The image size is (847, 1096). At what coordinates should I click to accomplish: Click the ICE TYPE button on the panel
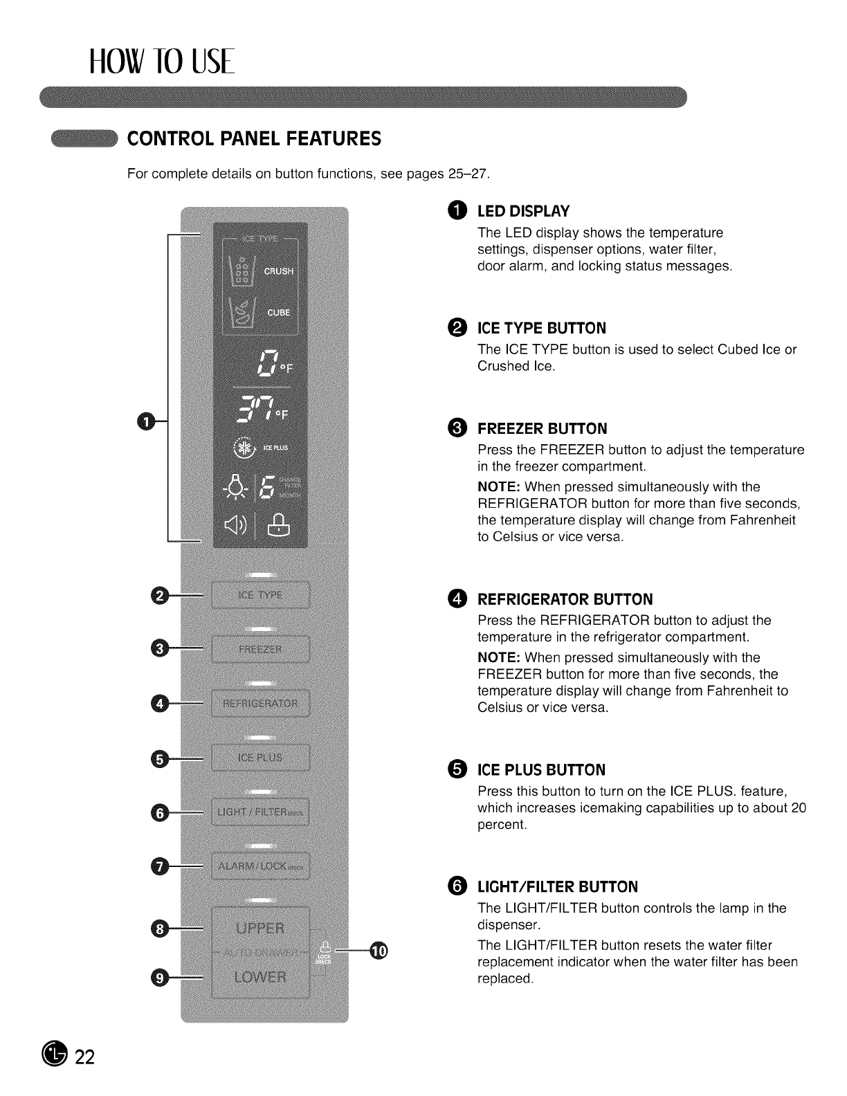point(260,596)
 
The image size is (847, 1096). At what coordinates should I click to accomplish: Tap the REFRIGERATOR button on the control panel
point(260,704)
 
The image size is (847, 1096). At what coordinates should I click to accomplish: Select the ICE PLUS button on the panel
point(260,758)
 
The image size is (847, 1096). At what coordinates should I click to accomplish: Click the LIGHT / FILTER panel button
point(260,812)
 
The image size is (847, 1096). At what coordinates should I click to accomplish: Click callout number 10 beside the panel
point(379,952)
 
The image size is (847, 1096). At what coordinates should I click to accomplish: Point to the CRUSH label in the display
point(278,271)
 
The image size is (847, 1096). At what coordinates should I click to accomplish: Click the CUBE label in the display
point(278,313)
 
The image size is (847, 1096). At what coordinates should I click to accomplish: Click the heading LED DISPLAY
point(523,211)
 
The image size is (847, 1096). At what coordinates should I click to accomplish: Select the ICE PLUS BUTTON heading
point(541,770)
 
